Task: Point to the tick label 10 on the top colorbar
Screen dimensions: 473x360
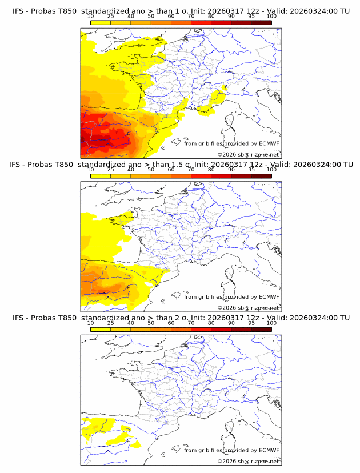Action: (x=90, y=17)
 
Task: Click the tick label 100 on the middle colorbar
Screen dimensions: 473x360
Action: (x=271, y=170)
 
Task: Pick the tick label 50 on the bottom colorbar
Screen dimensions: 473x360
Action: (x=151, y=323)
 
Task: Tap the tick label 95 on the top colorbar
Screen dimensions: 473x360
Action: (x=251, y=17)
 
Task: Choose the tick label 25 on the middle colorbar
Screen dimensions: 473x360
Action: (x=110, y=170)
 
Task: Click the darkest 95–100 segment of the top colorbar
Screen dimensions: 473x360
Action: (x=262, y=23)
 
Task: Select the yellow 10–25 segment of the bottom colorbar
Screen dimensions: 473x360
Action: (x=100, y=330)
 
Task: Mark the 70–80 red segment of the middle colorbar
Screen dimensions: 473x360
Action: (x=201, y=176)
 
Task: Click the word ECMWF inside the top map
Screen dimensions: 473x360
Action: (x=268, y=144)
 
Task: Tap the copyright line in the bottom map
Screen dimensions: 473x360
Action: (x=248, y=460)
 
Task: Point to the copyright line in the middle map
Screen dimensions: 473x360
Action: (x=248, y=307)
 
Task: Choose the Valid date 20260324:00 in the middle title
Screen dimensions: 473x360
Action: (x=317, y=165)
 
